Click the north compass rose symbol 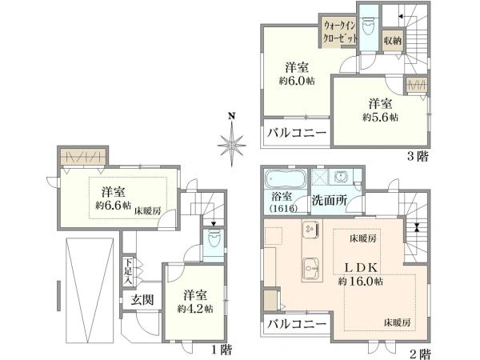[x=231, y=143]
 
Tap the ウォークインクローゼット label [x=339, y=31]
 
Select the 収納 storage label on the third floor [x=392, y=39]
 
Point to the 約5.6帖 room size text [x=381, y=117]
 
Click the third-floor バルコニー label [x=295, y=134]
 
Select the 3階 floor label [x=417, y=156]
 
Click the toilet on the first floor [x=214, y=241]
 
